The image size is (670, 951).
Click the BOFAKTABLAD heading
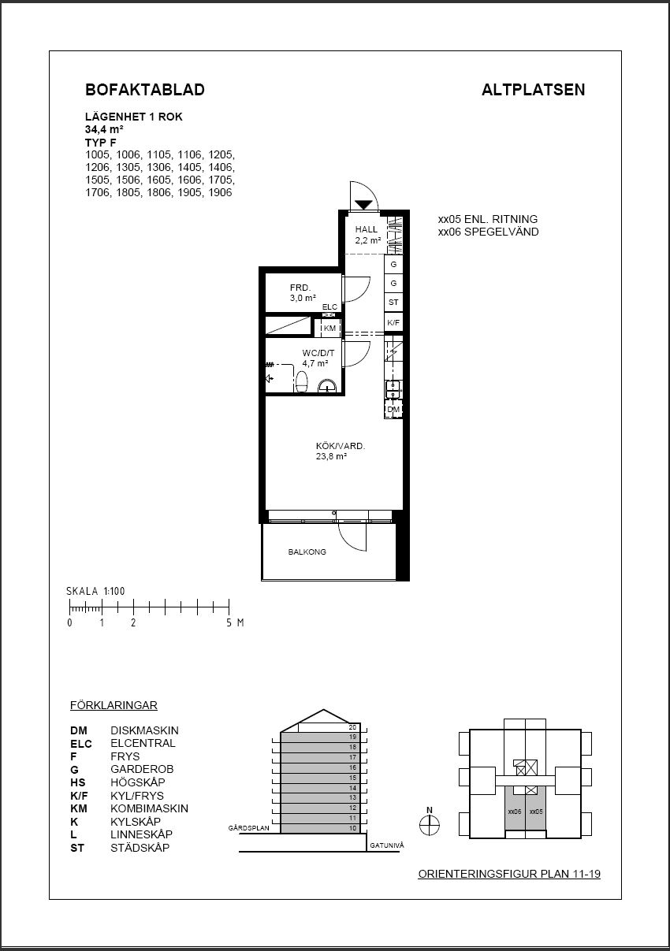click(145, 90)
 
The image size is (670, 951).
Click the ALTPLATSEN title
click(533, 90)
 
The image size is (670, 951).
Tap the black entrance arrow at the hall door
click(363, 205)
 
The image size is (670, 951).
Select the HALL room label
click(367, 229)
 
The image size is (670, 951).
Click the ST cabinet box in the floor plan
click(393, 303)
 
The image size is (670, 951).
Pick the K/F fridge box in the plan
click(393, 322)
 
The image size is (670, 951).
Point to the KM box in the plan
click(329, 328)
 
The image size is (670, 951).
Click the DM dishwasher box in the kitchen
click(393, 409)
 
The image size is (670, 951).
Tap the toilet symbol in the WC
click(301, 381)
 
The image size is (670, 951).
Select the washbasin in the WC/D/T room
click(327, 385)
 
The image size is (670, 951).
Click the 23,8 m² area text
click(331, 457)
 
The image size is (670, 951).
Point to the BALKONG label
click(307, 552)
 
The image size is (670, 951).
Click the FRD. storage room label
click(300, 288)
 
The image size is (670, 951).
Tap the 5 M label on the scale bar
click(235, 622)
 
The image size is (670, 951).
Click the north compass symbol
click(430, 826)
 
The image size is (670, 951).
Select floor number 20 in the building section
click(352, 727)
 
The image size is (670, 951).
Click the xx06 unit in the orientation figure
click(515, 812)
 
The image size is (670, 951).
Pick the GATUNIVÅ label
click(386, 845)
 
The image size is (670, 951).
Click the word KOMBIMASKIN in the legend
click(149, 808)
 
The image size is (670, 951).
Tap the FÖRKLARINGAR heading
click(114, 705)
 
